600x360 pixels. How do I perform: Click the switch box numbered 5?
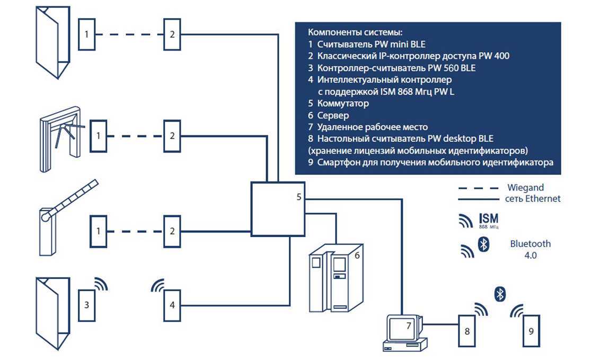click(277, 208)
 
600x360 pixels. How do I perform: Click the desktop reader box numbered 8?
click(466, 331)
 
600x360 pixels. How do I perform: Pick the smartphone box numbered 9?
click(531, 331)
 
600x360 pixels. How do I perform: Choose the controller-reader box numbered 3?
click(86, 305)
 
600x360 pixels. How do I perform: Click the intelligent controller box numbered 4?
click(172, 305)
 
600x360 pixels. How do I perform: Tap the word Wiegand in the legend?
click(525, 188)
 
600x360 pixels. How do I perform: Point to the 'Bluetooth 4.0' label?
click(530, 249)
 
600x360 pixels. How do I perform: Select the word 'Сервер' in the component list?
click(333, 115)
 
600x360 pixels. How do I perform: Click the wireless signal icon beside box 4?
click(158, 286)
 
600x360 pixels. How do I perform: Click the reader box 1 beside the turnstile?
click(98, 136)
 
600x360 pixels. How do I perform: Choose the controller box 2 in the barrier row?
click(172, 231)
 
